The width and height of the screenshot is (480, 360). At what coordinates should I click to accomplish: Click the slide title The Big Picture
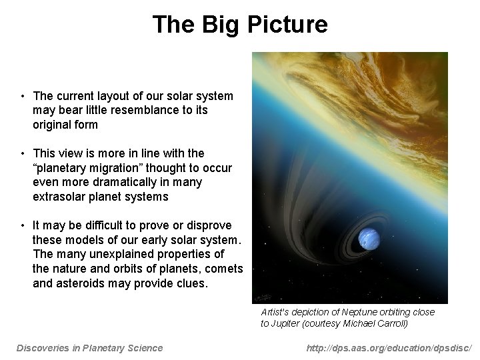coord(240,25)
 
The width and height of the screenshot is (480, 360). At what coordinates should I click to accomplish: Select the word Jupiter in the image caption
coord(287,323)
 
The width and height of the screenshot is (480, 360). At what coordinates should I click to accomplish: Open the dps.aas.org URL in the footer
coord(389,347)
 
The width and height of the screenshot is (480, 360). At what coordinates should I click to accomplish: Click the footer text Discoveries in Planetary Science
coord(89,347)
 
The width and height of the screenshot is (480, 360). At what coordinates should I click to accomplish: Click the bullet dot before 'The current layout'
coord(22,96)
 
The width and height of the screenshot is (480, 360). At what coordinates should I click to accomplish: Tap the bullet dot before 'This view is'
coord(22,153)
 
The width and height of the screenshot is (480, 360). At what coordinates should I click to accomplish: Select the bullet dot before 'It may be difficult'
coord(22,226)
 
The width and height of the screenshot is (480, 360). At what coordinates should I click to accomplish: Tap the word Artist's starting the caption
coord(274,312)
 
